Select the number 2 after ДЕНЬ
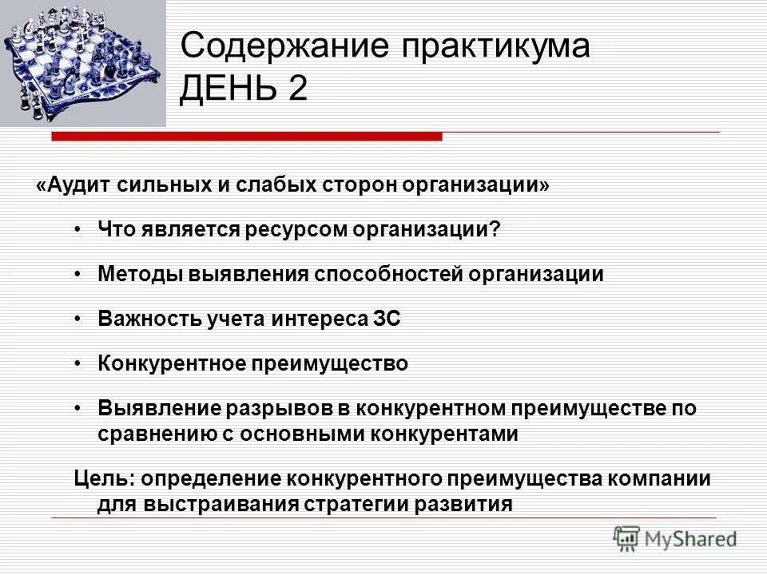pyautogui.click(x=298, y=89)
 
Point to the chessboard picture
pyautogui.click(x=82, y=62)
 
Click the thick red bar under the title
pyautogui.click(x=247, y=137)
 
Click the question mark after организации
pyautogui.click(x=495, y=230)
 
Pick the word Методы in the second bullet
pyautogui.click(x=140, y=275)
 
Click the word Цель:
pyautogui.click(x=105, y=479)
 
